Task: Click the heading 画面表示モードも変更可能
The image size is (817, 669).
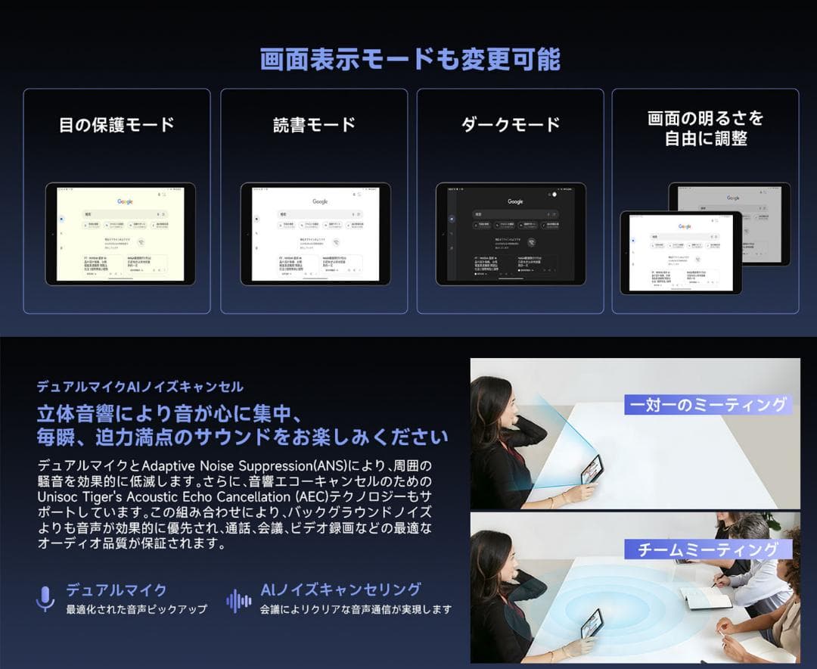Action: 409,59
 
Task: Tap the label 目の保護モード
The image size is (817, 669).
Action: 116,125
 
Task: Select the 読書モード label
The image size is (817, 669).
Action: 314,125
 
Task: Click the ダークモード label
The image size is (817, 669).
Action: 511,125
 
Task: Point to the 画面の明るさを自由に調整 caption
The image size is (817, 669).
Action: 706,129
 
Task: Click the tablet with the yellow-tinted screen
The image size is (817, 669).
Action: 120,234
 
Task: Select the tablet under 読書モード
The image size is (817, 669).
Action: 315,234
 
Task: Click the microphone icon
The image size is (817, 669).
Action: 45,599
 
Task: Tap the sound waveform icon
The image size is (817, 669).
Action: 239,601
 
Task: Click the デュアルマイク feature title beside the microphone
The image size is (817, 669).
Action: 116,590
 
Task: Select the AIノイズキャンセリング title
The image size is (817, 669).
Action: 340,590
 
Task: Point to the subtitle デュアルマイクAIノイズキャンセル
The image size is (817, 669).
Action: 140,387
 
